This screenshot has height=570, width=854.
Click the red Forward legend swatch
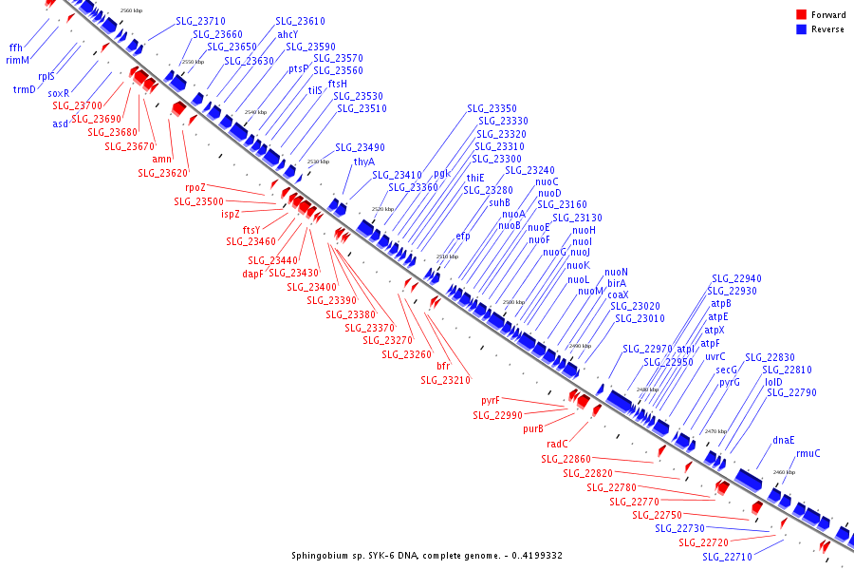click(x=802, y=14)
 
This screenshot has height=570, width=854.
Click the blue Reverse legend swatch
click(x=802, y=29)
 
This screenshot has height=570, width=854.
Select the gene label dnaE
click(x=784, y=440)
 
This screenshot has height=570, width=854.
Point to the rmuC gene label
click(x=808, y=453)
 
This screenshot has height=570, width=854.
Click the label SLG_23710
click(x=200, y=21)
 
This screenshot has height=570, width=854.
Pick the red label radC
click(x=557, y=444)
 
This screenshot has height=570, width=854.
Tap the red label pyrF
click(x=490, y=401)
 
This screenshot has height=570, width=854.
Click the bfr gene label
click(x=443, y=366)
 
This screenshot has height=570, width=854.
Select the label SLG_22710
click(x=725, y=557)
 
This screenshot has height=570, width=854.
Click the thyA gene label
click(x=364, y=161)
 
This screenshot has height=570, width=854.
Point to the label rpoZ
click(x=195, y=188)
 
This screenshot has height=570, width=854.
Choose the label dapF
click(x=252, y=274)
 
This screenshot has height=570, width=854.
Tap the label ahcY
click(x=288, y=34)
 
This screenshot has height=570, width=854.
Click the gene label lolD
click(x=773, y=382)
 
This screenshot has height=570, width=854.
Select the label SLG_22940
click(x=736, y=278)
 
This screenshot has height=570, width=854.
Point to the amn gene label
click(x=161, y=160)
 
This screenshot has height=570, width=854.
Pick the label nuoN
click(x=616, y=273)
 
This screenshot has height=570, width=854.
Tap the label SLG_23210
click(x=445, y=380)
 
